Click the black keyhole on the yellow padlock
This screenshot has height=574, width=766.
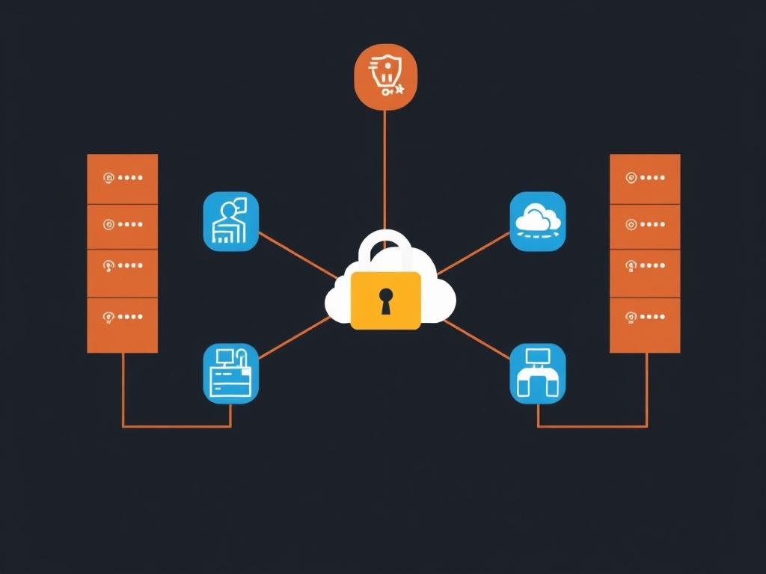click(385, 300)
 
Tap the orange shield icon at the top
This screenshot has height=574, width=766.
click(384, 76)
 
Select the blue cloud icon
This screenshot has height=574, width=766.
click(537, 221)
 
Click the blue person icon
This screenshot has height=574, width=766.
click(230, 221)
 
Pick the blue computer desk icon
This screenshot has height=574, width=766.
click(230, 373)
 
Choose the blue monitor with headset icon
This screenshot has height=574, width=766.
click(537, 373)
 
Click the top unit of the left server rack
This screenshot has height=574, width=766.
click(122, 179)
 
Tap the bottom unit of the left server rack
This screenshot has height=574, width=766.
click(122, 325)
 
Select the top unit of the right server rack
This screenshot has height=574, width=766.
click(645, 179)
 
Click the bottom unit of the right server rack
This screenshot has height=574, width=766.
click(645, 325)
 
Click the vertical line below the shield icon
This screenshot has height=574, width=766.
click(384, 168)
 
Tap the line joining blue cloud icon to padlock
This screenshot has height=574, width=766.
click(473, 253)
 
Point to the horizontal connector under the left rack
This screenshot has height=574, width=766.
click(177, 427)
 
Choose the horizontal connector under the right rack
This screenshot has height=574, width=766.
click(592, 427)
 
